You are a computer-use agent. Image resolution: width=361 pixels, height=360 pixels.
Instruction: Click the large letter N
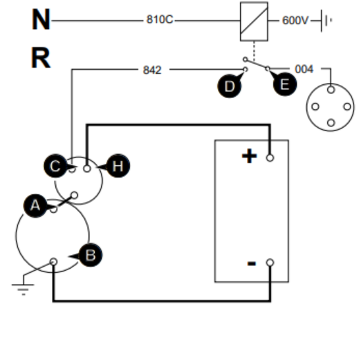pyautogui.click(x=41, y=19)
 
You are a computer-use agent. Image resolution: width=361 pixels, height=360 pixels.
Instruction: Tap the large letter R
pyautogui.click(x=41, y=58)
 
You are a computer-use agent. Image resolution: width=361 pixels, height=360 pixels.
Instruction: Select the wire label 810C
pyautogui.click(x=160, y=19)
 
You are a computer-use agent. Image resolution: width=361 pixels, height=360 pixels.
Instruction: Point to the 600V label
pyautogui.click(x=295, y=21)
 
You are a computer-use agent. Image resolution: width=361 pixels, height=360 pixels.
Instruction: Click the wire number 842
pyautogui.click(x=152, y=70)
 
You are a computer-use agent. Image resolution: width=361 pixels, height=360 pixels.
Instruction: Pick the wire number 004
pyautogui.click(x=304, y=69)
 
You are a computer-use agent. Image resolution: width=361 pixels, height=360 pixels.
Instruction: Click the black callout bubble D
pyautogui.click(x=230, y=86)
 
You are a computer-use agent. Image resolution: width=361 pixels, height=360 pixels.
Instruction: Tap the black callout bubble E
pyautogui.click(x=284, y=84)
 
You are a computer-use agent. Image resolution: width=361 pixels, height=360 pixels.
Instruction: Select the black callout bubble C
pyautogui.click(x=56, y=166)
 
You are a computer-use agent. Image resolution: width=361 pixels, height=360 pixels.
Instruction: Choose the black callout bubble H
pyautogui.click(x=117, y=166)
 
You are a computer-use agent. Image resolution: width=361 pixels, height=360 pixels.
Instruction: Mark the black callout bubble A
pyautogui.click(x=36, y=206)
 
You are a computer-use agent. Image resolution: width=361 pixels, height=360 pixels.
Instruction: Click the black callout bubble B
pyautogui.click(x=90, y=255)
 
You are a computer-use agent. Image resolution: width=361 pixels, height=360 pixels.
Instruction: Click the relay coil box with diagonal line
pyautogui.click(x=254, y=21)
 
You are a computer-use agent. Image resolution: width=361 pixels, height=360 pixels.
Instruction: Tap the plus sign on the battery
pyautogui.click(x=249, y=156)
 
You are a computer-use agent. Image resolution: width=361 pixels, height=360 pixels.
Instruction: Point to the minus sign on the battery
pyautogui.click(x=252, y=263)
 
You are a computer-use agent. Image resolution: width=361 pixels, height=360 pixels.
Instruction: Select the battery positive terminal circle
pyautogui.click(x=270, y=158)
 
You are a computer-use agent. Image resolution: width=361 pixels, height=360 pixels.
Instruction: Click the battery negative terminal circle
pyautogui.click(x=270, y=263)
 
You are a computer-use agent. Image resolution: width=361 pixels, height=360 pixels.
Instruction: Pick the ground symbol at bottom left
pyautogui.click(x=23, y=287)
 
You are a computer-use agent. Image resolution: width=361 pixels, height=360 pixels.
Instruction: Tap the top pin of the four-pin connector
pyautogui.click(x=331, y=90)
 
